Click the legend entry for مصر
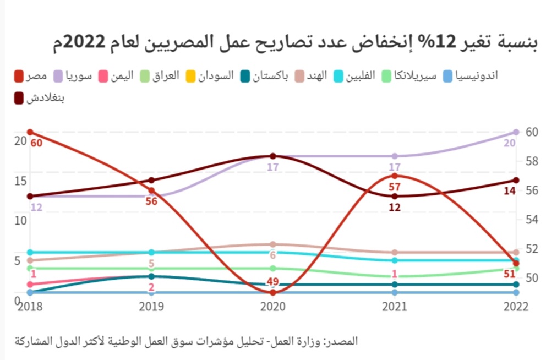(x=30, y=76)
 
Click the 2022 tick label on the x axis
(x=516, y=307)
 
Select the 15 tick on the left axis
(x=20, y=181)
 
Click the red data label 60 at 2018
(x=36, y=143)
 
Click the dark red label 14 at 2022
(x=510, y=190)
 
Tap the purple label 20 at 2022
(x=510, y=143)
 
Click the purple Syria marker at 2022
(x=516, y=132)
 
